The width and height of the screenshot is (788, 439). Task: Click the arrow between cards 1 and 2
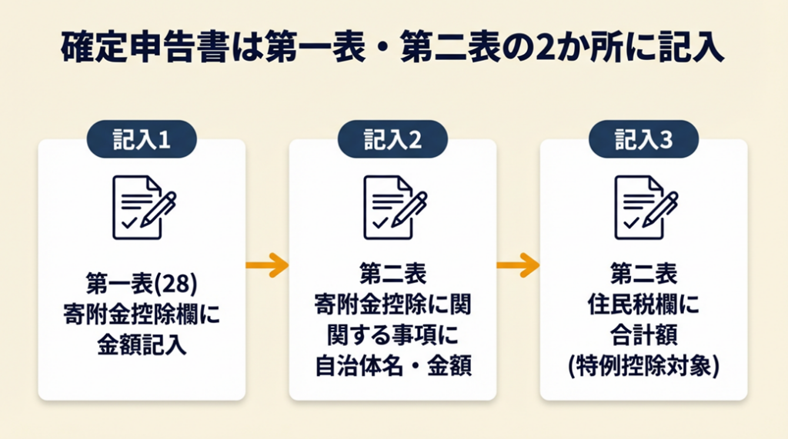coord(266,266)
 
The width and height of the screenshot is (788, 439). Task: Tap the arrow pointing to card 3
coord(517,266)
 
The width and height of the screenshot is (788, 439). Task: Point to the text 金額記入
coord(142,344)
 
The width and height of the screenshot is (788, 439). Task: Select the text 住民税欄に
coord(643,305)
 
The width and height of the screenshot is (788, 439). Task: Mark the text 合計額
coord(643,336)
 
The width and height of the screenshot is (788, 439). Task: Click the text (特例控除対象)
coord(643,366)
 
